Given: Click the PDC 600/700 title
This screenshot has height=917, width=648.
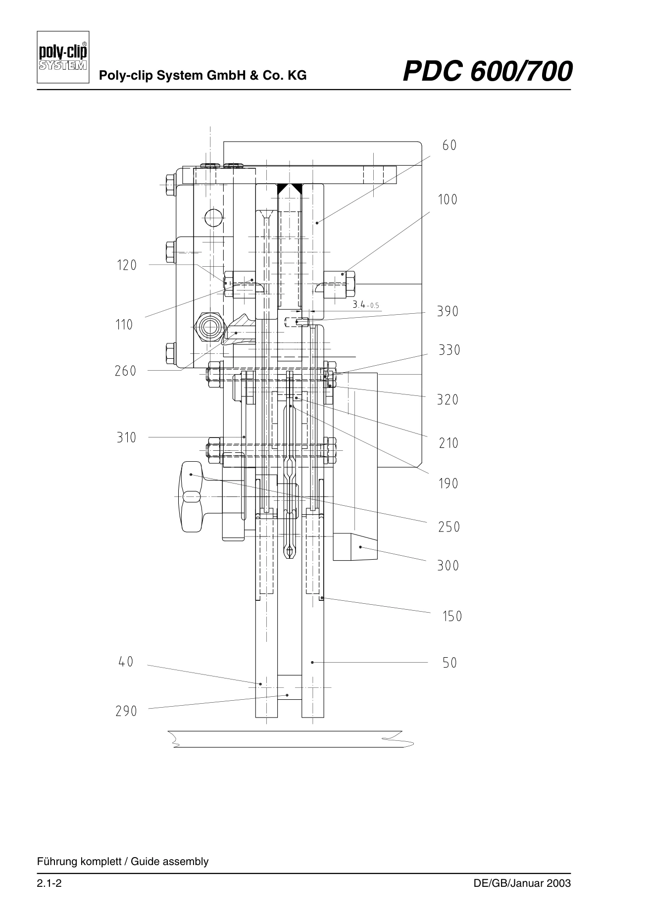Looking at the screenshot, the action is click(488, 71).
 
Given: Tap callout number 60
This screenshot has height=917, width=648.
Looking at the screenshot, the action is click(449, 145).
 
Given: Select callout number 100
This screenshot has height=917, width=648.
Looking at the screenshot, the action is click(448, 199).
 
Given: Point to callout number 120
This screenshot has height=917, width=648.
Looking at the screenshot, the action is click(127, 265).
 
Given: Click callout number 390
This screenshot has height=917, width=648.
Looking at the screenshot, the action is click(448, 312).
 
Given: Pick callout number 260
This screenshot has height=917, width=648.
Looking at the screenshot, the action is click(126, 371).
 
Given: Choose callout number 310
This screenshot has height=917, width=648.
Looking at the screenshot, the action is click(126, 437).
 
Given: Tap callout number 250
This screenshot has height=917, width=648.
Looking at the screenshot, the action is click(449, 527).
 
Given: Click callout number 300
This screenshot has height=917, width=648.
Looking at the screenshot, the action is click(448, 566).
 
